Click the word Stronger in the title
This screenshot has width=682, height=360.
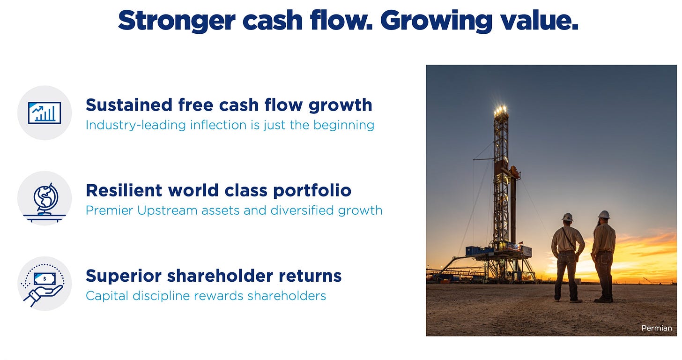(177, 21)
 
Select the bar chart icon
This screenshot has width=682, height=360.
(44, 112)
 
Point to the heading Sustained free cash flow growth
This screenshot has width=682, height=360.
(229, 105)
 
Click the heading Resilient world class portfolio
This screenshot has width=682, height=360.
(219, 191)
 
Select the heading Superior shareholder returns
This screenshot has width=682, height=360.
(214, 276)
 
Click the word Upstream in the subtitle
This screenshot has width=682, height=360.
(167, 210)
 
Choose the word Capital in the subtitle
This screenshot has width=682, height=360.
(107, 296)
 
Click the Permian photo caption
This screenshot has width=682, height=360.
(656, 328)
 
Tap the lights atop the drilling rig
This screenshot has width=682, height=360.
(501, 110)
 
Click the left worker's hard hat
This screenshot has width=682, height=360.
(568, 217)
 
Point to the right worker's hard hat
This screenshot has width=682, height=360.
(604, 214)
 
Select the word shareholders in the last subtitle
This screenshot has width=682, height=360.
(287, 296)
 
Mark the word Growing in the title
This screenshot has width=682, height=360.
(436, 21)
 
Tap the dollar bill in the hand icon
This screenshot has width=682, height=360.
(44, 279)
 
